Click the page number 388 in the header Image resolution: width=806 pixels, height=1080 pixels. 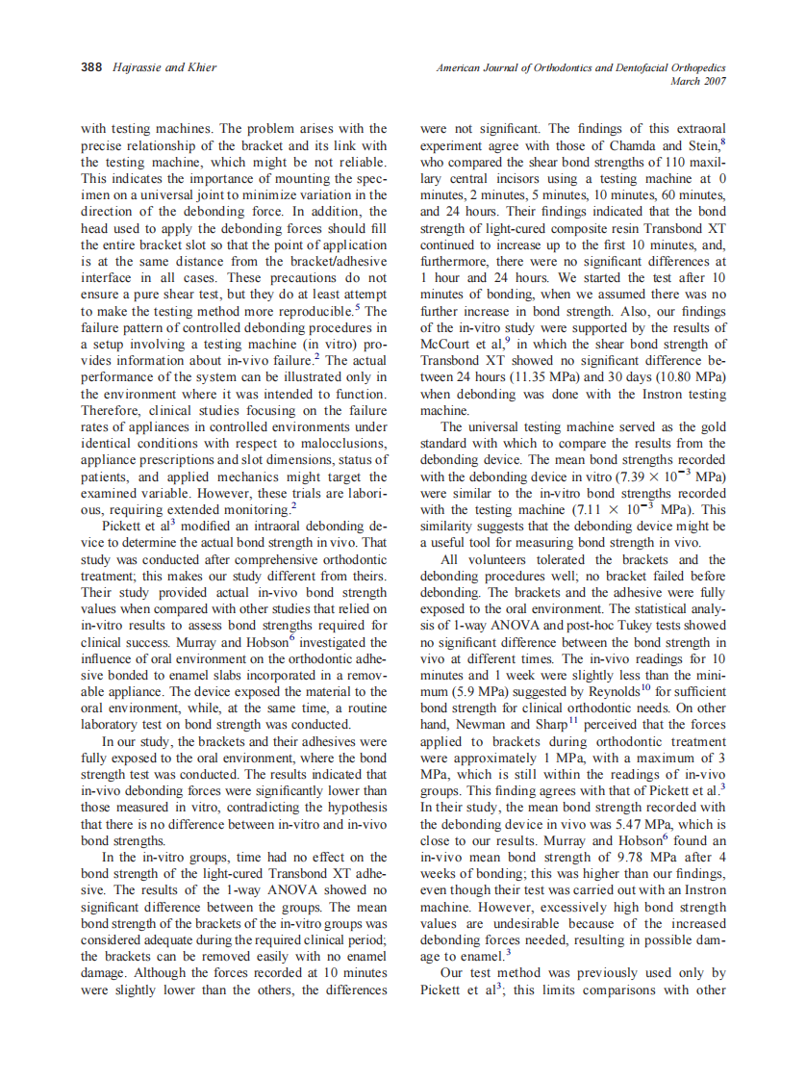tap(90, 67)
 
